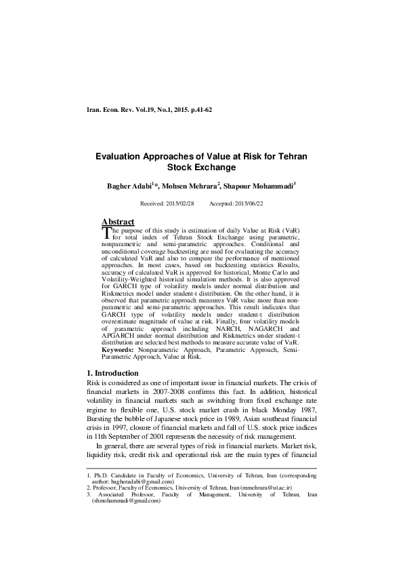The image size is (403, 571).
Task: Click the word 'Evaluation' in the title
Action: [x=120, y=156]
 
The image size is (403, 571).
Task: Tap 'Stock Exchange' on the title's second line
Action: [x=201, y=167]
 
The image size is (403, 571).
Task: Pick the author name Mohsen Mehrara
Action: [x=194, y=186]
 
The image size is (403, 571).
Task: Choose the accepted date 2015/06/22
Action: [x=246, y=203]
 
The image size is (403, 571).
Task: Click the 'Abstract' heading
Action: [x=118, y=222]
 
